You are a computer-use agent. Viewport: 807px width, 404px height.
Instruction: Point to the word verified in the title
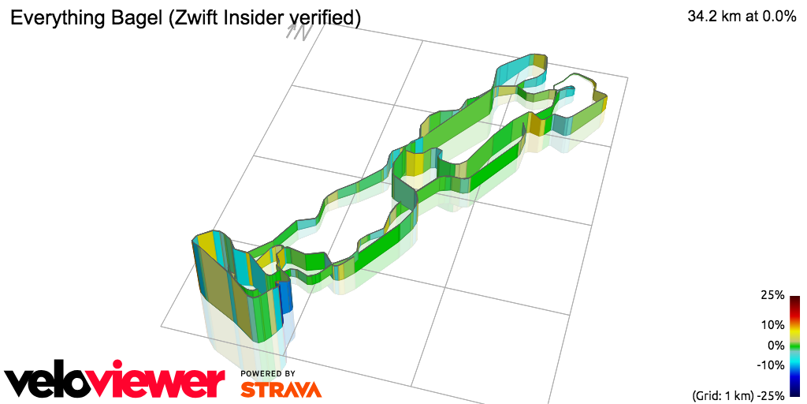[x=325, y=19]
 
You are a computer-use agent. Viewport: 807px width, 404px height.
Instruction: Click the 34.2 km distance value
[x=712, y=17]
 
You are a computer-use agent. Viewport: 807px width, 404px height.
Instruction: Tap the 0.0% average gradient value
[x=776, y=17]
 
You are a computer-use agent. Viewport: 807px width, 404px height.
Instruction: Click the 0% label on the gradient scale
[x=776, y=346]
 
